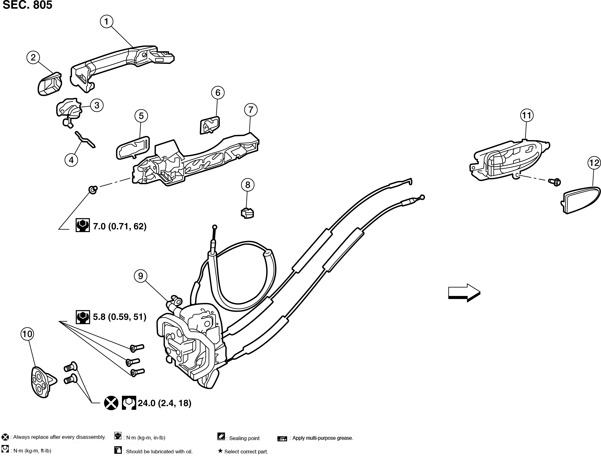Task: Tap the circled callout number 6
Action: pos(218,93)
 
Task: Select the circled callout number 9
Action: pos(141,276)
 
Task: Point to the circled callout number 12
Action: pos(594,163)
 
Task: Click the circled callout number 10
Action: pos(27,334)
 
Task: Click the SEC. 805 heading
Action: pos(27,5)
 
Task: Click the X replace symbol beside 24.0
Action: pos(111,403)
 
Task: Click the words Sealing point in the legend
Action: pos(244,438)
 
